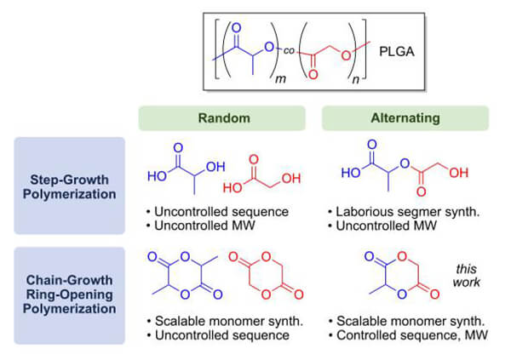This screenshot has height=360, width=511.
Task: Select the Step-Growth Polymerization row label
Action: tap(69, 185)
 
